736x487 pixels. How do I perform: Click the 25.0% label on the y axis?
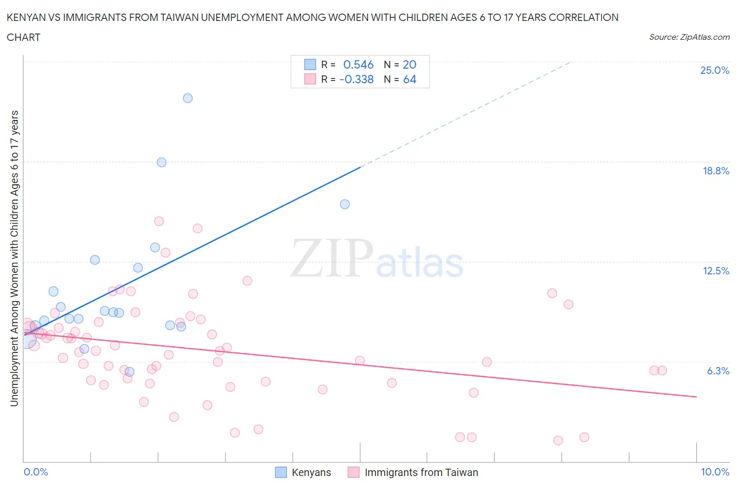pos(715,70)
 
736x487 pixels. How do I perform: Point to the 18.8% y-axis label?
pos(716,171)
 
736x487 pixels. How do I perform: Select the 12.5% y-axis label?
pos(716,271)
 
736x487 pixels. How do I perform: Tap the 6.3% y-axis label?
pos(718,371)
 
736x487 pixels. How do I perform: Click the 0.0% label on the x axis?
pos(36,472)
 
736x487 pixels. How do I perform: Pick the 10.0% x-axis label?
pos(715,472)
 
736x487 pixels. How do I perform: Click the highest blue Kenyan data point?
pos(187,98)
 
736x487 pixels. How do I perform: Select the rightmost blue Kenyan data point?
pos(344,204)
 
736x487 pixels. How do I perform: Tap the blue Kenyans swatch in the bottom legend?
pos(281,472)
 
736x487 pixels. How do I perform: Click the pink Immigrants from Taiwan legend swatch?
pos(354,472)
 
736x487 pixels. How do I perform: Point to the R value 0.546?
pos(358,64)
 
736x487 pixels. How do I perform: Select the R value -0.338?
pos(356,79)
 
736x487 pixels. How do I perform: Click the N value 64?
pos(409,79)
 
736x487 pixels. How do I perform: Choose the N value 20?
pos(409,64)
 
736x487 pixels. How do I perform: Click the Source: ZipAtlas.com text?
pos(689,37)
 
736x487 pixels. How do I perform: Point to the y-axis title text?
pos(15,258)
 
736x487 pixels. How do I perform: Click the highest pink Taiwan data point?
pos(159,221)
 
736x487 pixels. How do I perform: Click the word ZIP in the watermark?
pos(331,258)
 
